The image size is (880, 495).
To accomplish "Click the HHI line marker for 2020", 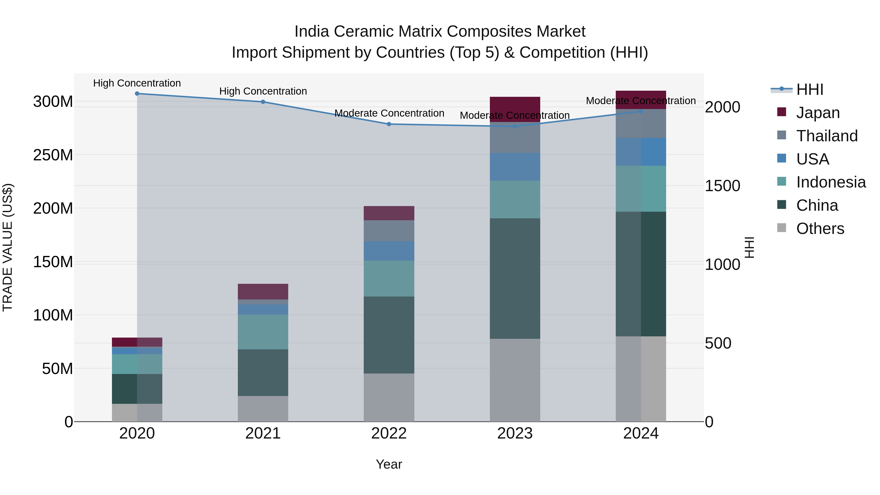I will point(137,93).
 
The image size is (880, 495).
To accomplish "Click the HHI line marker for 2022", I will point(389,124).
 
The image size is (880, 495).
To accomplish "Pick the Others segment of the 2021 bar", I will point(263,408).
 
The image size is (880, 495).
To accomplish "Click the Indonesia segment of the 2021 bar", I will point(263,331).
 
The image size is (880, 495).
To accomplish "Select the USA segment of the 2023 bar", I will point(515,166).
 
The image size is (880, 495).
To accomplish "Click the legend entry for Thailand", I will point(826,136).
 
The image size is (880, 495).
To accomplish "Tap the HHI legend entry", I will point(809,89).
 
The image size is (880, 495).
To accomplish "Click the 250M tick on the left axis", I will point(53,155).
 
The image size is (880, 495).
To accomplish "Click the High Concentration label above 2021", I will point(263,91).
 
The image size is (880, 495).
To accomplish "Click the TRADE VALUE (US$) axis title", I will point(8,247).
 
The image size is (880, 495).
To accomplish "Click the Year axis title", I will point(389,464).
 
